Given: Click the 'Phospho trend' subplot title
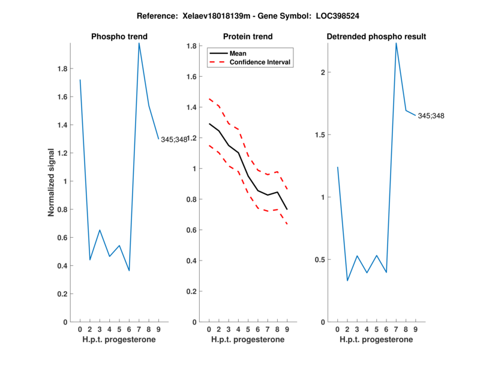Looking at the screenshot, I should pyautogui.click(x=119, y=37).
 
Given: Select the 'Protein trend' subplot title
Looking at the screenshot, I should pyautogui.click(x=248, y=37).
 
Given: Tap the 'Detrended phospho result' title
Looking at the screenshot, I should pyautogui.click(x=376, y=37).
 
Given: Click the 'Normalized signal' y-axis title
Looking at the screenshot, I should pyautogui.click(x=52, y=182).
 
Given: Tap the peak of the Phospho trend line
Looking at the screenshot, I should pyautogui.click(x=139, y=43).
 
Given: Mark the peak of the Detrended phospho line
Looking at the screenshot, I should pyautogui.click(x=396, y=43).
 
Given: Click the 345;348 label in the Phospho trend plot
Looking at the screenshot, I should pyautogui.click(x=174, y=139).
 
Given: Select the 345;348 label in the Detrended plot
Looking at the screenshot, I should pyautogui.click(x=431, y=115).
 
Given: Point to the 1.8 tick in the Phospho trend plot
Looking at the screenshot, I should pyautogui.click(x=63, y=68).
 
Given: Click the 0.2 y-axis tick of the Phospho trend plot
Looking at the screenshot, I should pyautogui.click(x=63, y=294).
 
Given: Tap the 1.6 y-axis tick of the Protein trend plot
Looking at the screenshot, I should pyautogui.click(x=192, y=77).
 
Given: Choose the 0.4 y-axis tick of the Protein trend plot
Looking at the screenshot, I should pyautogui.click(x=192, y=261).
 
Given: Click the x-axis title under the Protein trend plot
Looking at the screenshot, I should pyautogui.click(x=248, y=340).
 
